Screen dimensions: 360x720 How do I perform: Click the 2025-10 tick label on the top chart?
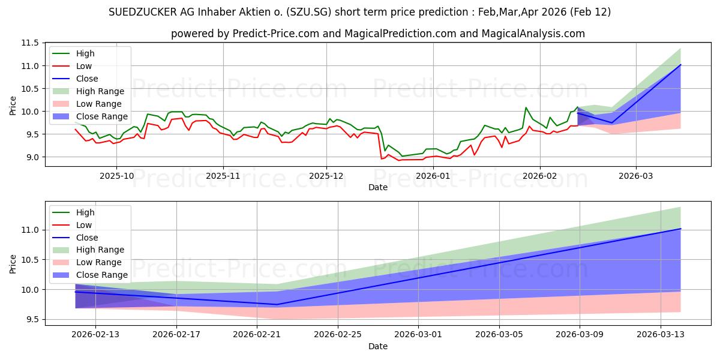[116, 176]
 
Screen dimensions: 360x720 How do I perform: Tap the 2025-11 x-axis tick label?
[223, 176]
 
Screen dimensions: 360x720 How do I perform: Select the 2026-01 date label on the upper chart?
[433, 176]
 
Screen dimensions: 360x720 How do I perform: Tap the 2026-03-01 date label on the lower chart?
[418, 335]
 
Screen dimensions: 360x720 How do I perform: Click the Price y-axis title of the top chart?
[13, 106]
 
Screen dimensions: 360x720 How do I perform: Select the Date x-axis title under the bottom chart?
[378, 346]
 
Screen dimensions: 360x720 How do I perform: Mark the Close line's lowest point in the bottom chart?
[277, 304]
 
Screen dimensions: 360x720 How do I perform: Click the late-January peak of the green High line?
[526, 107]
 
